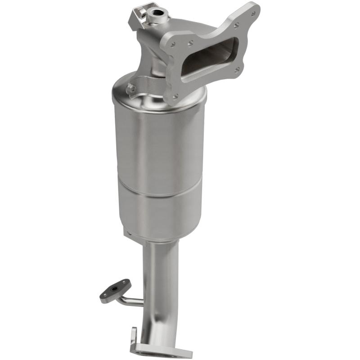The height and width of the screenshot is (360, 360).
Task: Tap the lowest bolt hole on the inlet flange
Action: pyautogui.click(x=175, y=95)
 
